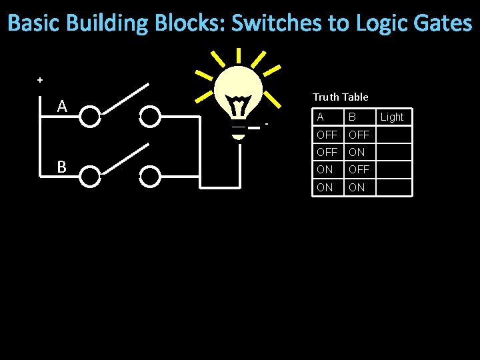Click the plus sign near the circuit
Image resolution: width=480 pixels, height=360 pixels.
(x=40, y=80)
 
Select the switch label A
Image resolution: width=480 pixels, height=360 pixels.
(x=62, y=106)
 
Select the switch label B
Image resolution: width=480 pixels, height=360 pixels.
(x=61, y=167)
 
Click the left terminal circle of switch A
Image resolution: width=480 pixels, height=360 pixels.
(x=90, y=117)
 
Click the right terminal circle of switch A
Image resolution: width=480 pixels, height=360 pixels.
(x=151, y=117)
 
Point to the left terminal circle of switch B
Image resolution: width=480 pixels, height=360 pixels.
(x=90, y=176)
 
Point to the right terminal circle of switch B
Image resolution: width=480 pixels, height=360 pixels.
(x=151, y=176)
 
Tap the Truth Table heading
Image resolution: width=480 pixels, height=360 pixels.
(x=340, y=97)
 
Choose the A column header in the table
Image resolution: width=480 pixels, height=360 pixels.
(x=321, y=117)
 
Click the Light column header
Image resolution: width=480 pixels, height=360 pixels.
(x=392, y=117)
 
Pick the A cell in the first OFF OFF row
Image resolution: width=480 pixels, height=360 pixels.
(x=327, y=135)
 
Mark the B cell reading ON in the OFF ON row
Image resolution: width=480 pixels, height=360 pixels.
(x=357, y=152)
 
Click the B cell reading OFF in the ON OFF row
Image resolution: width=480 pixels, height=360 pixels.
(x=359, y=169)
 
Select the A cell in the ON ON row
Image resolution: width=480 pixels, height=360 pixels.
(x=325, y=187)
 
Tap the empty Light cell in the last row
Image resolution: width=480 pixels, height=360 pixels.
(x=393, y=187)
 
